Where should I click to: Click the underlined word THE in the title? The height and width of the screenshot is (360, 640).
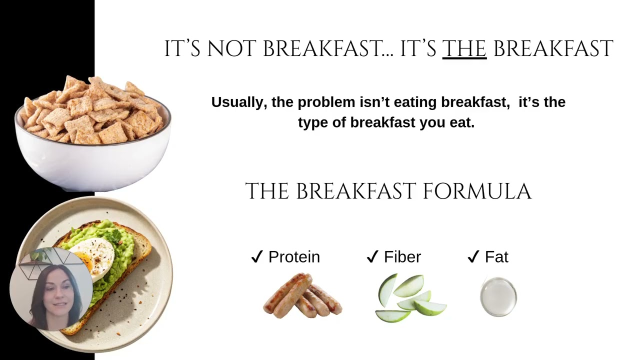(464, 49)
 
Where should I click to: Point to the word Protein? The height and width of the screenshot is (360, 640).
(294, 257)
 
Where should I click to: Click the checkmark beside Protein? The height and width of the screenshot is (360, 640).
(256, 257)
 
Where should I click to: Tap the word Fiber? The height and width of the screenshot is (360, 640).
(402, 257)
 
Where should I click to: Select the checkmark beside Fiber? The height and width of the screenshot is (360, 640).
(372, 257)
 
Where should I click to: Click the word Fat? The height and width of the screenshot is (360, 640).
(496, 257)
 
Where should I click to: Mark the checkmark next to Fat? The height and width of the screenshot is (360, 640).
(473, 257)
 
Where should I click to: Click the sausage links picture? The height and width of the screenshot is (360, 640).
(302, 295)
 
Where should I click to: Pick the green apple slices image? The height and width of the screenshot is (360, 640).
(410, 298)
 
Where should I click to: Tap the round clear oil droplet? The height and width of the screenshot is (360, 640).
(498, 297)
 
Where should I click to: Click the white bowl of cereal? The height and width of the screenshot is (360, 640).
(92, 160)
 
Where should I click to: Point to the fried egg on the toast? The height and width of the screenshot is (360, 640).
(94, 256)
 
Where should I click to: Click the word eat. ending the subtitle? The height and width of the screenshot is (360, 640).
(461, 123)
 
